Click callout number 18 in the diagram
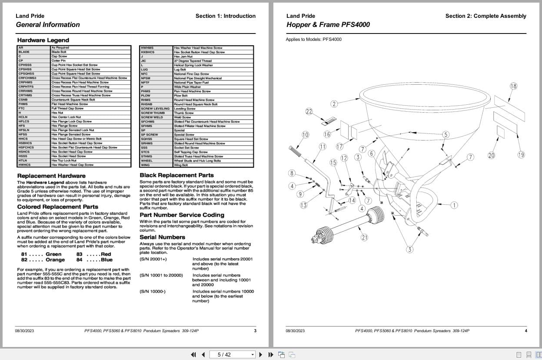pyautogui.click(x=513, y=86)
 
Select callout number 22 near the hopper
pyautogui.click(x=309, y=112)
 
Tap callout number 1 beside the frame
pyautogui.click(x=454, y=205)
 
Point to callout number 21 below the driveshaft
pyautogui.click(x=364, y=237)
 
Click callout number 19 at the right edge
pyautogui.click(x=521, y=155)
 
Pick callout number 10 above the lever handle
pyautogui.click(x=305, y=135)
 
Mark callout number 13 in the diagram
pyautogui.click(x=303, y=205)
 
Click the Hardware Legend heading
pyautogui.click(x=43, y=40)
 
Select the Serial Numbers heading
pyautogui.click(x=162, y=237)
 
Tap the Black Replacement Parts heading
pyautogui.click(x=176, y=175)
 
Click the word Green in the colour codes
pyautogui.click(x=53, y=254)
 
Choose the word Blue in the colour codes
pyautogui.click(x=106, y=260)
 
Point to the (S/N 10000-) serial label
pyautogui.click(x=153, y=291)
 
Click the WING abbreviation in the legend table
pyautogui.click(x=145, y=165)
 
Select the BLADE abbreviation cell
pyautogui.click(x=24, y=52)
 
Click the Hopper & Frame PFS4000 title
pyautogui.click(x=328, y=25)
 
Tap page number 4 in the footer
pyautogui.click(x=525, y=331)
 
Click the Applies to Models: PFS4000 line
pyautogui.click(x=313, y=40)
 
